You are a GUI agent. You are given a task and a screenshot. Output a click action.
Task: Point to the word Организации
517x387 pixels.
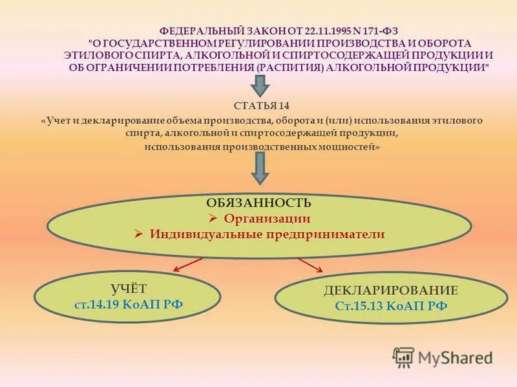pyautogui.click(x=266, y=219)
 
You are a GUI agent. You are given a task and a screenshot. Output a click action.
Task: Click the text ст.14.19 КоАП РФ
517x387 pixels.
pyautogui.click(x=129, y=304)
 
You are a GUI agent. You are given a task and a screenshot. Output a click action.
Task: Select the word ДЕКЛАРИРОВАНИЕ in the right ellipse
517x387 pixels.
pyautogui.click(x=391, y=290)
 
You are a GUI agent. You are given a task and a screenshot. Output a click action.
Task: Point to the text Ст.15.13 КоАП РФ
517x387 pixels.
pyautogui.click(x=391, y=306)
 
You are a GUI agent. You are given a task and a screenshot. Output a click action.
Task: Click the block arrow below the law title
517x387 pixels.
pyautogui.click(x=260, y=84)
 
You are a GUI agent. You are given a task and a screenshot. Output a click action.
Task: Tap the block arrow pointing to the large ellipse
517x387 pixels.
pyautogui.click(x=260, y=168)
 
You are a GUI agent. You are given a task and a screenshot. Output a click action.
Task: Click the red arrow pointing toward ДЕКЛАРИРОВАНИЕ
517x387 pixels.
pyautogui.click(x=310, y=265)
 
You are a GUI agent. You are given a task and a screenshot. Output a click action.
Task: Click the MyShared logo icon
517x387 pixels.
pyautogui.click(x=403, y=357)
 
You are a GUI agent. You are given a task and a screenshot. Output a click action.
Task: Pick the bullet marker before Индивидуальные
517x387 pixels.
pyautogui.click(x=138, y=235)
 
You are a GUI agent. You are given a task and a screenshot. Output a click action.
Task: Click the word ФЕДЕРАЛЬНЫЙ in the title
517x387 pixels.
pyautogui.click(x=192, y=30)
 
